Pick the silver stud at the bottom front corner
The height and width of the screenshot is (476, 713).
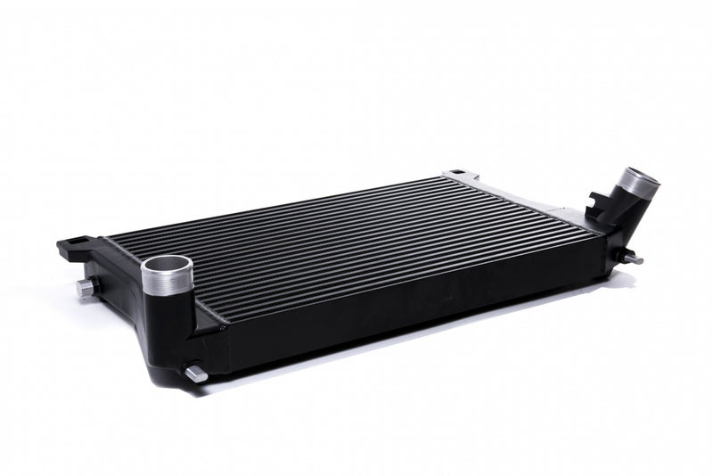[x=195, y=374]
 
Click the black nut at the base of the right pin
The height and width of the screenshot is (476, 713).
[x=627, y=257]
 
